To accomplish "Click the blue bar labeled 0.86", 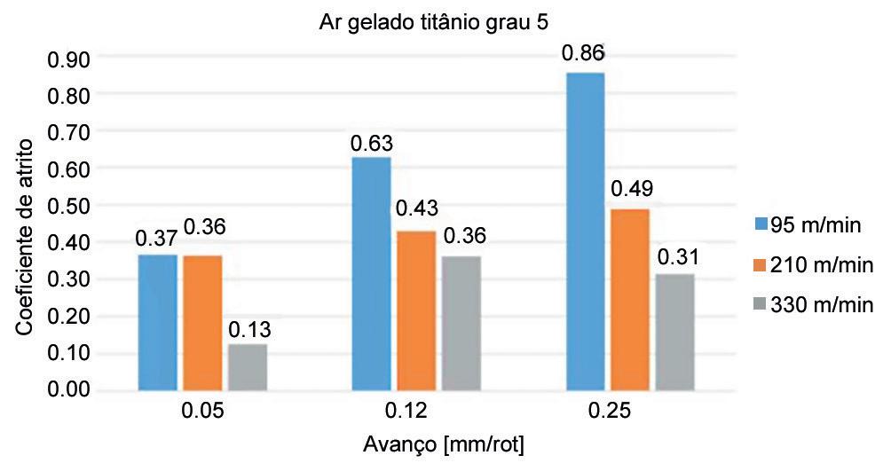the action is coord(586,232).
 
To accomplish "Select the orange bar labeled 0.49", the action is coord(630,300).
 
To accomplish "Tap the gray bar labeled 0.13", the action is coord(248,367).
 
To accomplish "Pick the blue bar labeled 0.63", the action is coord(372,274).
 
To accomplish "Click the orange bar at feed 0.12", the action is coord(416,310).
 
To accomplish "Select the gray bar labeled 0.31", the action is coord(675,333).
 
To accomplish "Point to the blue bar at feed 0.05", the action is coord(158,323).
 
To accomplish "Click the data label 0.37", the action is coord(156,239).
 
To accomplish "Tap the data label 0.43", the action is coord(417,208).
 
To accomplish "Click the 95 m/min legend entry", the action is coord(809,225).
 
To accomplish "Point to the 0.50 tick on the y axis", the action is coord(69,206).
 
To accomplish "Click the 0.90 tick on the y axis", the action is coord(69,59).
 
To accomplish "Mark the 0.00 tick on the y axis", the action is coord(69,389).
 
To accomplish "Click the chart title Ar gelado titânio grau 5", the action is coord(434,23).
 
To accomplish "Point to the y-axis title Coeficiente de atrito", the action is coord(24,238).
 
